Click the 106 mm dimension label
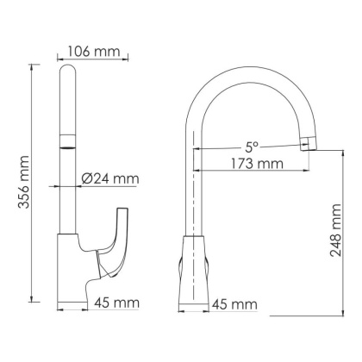94,50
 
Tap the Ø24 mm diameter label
109,179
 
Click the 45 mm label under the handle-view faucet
115,303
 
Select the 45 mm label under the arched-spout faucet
235,303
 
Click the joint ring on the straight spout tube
67,143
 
